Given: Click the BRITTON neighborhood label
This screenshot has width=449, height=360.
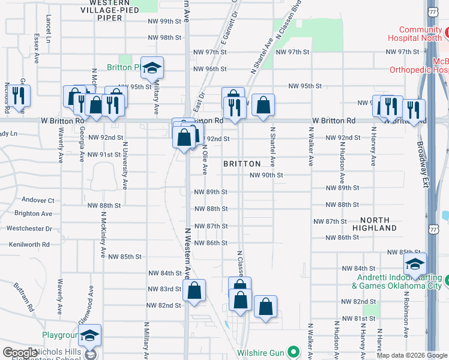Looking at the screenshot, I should (x=242, y=164).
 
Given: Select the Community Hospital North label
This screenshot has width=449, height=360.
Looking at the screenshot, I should (x=420, y=34).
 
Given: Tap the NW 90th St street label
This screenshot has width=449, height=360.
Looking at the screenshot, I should (x=267, y=175).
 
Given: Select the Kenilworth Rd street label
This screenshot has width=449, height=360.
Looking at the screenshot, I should (x=29, y=244).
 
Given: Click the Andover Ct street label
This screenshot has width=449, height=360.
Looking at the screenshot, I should (x=38, y=200).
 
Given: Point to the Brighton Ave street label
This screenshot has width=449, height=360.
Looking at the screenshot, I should (x=33, y=214).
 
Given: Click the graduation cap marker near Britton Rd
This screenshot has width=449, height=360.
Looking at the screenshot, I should (x=152, y=68).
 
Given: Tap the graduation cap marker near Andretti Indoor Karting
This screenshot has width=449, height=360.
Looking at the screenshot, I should (x=415, y=264).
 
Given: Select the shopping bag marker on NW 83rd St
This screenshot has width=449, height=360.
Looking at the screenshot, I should (x=194, y=291).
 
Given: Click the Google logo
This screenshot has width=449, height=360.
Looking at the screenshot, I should (x=20, y=353).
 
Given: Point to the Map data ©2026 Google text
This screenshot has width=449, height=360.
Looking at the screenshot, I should (x=412, y=355).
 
